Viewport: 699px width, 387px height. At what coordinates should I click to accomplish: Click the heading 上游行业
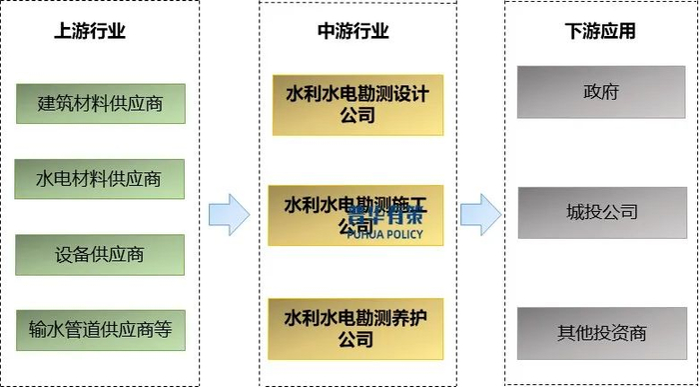[90, 31]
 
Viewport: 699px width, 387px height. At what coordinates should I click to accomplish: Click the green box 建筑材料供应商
[100, 103]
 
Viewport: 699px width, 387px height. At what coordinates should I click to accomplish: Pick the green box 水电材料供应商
[100, 179]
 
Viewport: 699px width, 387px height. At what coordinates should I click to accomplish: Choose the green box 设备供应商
[100, 254]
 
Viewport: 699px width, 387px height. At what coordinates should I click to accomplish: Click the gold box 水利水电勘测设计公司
[356, 104]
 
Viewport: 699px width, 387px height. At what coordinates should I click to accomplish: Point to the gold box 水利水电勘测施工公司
[356, 215]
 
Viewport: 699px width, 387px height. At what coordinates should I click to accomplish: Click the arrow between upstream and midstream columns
[229, 214]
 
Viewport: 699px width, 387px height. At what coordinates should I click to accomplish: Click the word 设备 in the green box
[73, 254]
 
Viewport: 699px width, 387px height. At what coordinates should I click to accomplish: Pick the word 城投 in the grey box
[583, 212]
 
